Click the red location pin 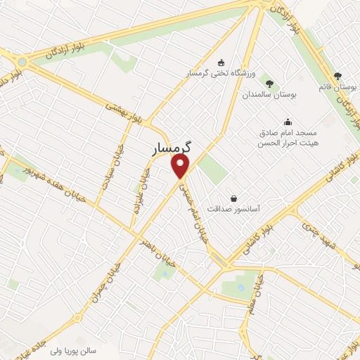click(181, 166)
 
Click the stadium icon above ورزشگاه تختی click(222, 62)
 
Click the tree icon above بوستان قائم click(337, 75)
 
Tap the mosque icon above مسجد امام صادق click(287, 121)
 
